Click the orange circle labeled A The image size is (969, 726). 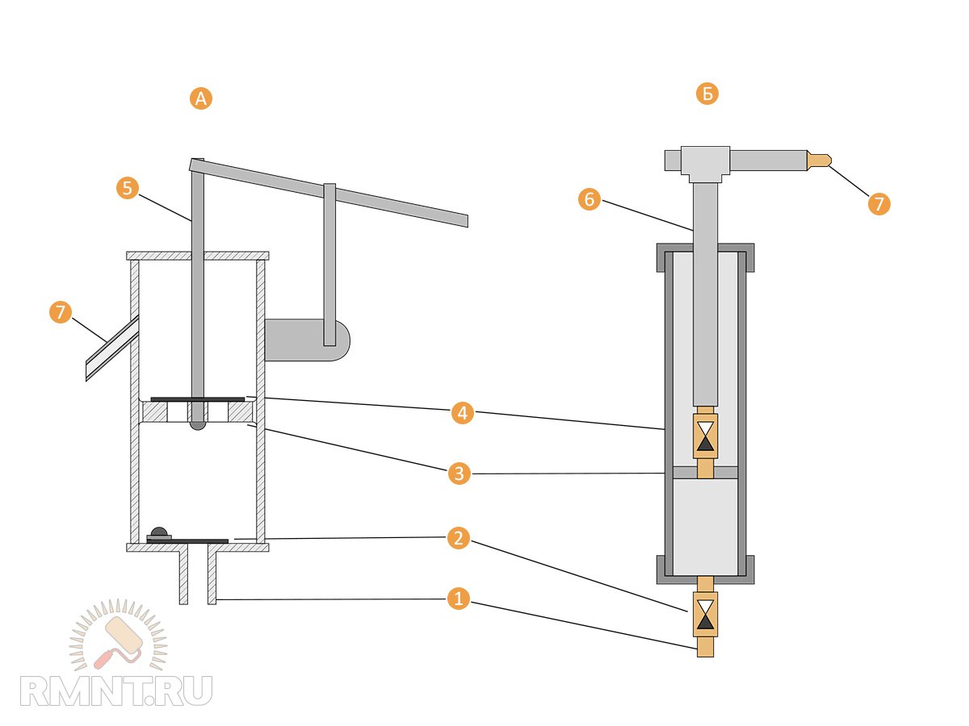[x=200, y=98]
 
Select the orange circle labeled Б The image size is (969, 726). [x=707, y=94]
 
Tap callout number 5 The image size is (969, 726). [x=127, y=189]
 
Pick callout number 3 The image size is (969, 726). [x=459, y=474]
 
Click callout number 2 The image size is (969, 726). [x=458, y=538]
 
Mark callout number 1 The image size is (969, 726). [x=458, y=599]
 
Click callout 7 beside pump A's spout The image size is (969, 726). [x=61, y=313]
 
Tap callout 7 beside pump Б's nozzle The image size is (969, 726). [x=879, y=203]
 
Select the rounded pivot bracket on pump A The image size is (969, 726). [x=307, y=340]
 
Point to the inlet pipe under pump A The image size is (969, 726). [x=198, y=574]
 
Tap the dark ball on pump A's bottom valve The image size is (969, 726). [x=160, y=532]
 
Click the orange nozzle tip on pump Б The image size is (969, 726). [x=819, y=160]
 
